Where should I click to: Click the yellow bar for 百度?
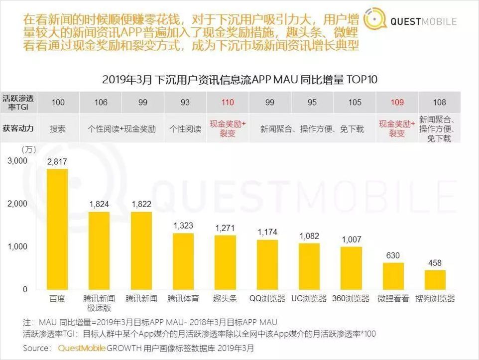coord(57,229)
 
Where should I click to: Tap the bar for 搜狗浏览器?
coord(435,280)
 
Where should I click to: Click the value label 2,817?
coord(57,161)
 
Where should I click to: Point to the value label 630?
coord(393,255)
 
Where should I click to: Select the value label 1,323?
coord(183,226)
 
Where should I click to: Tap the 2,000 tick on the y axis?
coord(18,204)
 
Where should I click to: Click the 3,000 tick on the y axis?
coord(18,161)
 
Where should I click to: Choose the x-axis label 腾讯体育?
coord(183,299)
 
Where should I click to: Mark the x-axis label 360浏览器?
coord(351,299)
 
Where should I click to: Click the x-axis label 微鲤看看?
coord(393,299)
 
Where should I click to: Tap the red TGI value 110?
coord(228,103)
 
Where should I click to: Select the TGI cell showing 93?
coord(185,103)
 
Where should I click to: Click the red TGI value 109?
coord(397,103)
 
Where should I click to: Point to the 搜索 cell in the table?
coord(58,129)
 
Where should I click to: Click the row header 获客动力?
coord(18,128)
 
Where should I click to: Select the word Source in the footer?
coord(36,348)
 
